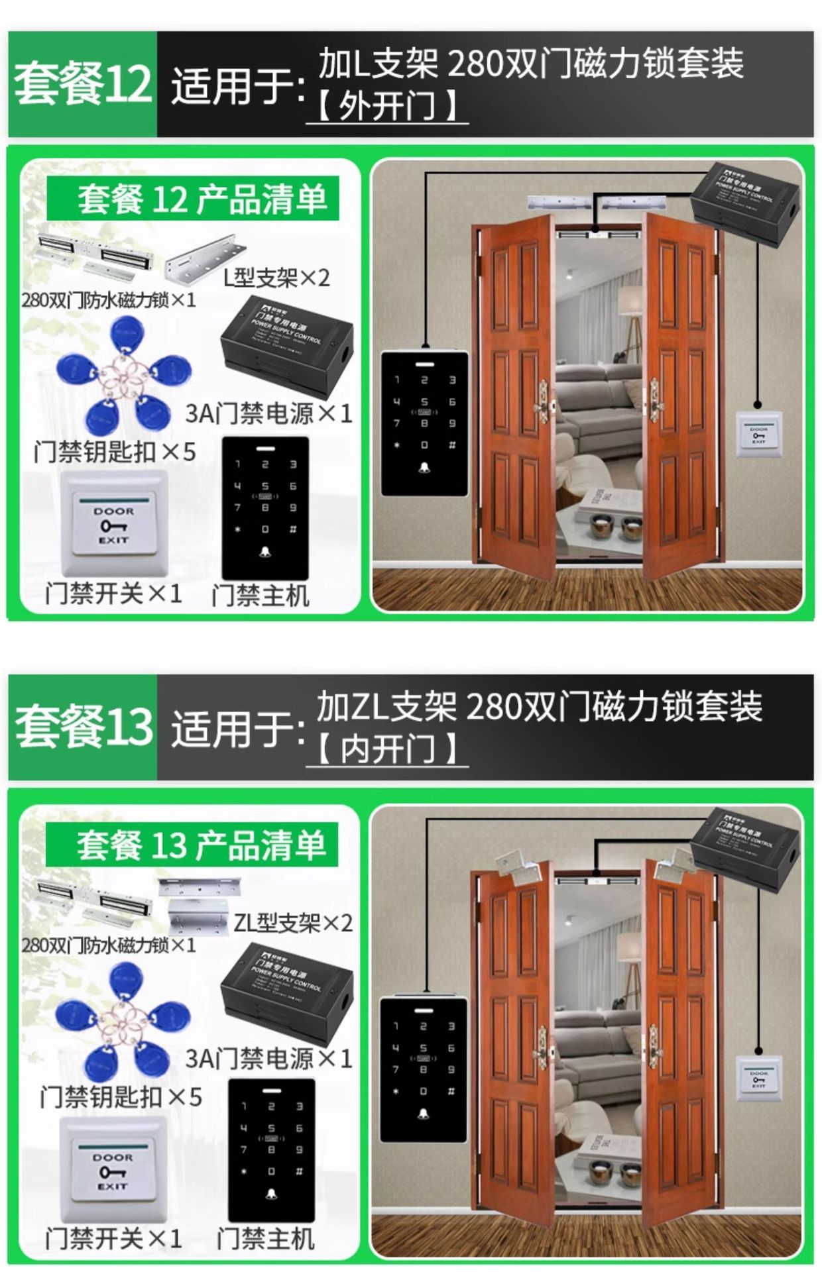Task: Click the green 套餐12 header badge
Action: click(83, 84)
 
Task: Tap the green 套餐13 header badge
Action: click(83, 727)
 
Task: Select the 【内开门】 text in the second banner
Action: click(387, 749)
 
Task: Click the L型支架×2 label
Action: click(276, 278)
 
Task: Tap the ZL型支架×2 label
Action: click(292, 922)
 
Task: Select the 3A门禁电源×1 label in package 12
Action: click(268, 413)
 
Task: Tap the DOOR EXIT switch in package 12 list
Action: click(113, 523)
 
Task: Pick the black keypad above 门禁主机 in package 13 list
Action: click(271, 1149)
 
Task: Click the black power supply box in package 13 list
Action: click(286, 983)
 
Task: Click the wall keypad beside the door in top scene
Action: click(424, 423)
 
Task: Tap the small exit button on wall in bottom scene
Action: click(759, 1081)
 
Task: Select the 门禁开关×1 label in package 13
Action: click(113, 1238)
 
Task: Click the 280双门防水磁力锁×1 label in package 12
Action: click(109, 300)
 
